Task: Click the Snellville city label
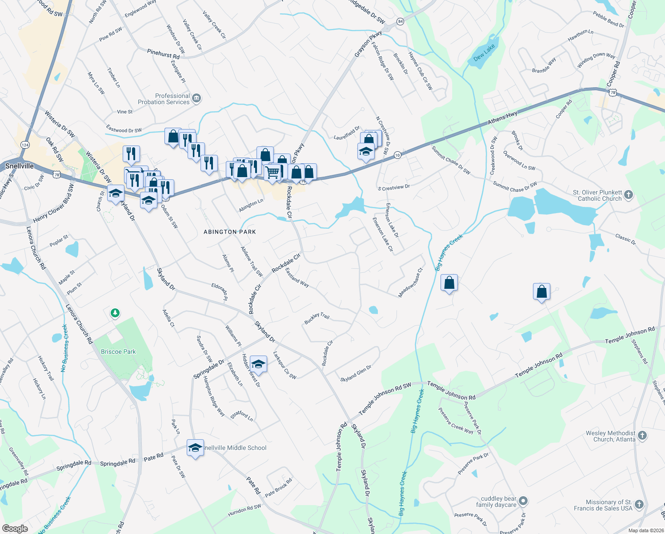coord(20,166)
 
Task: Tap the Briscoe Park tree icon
coord(115,313)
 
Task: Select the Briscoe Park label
coord(118,352)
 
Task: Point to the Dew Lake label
coord(484,53)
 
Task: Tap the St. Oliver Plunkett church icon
coord(628,194)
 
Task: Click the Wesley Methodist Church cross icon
coord(642,436)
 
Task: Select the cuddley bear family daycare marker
coord(523,501)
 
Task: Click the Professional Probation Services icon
coord(196,98)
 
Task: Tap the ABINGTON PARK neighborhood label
coord(230,232)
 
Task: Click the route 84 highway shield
coord(401,21)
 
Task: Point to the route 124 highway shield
coord(25,145)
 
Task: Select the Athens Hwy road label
coord(502,118)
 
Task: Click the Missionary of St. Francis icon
coord(639,504)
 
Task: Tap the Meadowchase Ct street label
coord(411,282)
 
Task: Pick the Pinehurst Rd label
coord(164,54)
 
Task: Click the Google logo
coord(15,529)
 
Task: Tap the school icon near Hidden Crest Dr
coord(258,364)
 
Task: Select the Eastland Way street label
coord(297,277)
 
